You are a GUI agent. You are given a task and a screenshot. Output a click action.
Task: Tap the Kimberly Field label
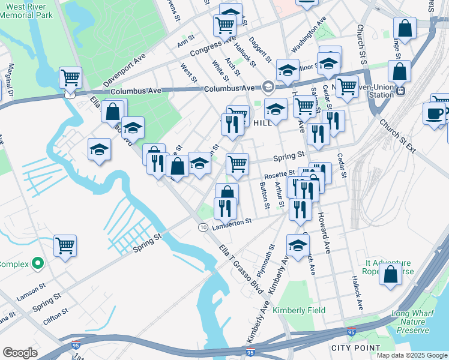click(299, 310)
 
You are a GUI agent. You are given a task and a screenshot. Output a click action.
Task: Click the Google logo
click(20, 353)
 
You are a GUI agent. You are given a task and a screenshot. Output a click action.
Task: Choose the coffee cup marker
click(434, 113)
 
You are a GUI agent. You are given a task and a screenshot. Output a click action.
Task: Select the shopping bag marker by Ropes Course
click(391, 274)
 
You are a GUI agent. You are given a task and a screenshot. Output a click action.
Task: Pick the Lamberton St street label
click(231, 222)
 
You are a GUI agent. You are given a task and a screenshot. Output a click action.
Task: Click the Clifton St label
click(55, 313)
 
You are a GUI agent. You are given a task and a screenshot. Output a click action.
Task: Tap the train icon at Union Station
click(401, 91)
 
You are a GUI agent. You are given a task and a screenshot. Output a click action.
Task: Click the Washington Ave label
click(309, 37)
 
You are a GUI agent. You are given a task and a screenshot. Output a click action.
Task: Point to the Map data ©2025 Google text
click(411, 355)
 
